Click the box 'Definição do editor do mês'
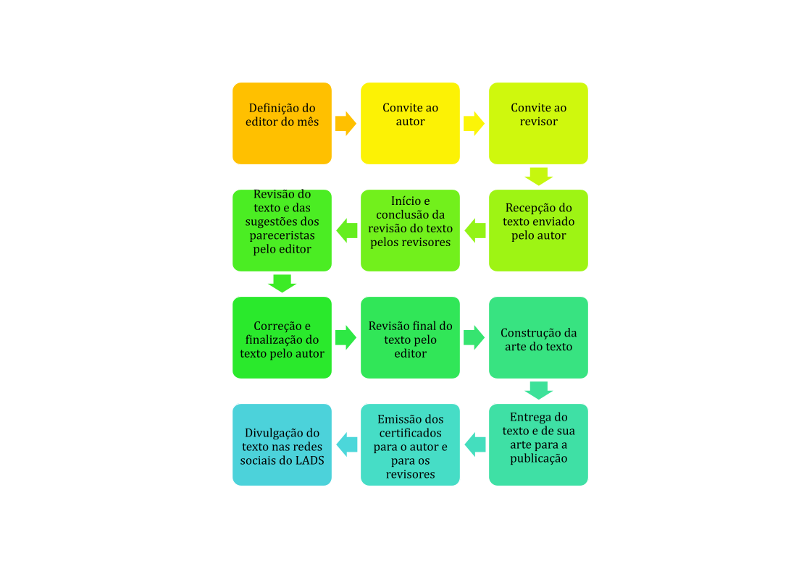point(282,123)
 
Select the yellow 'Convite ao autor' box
point(410,123)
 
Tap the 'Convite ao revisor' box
point(538,123)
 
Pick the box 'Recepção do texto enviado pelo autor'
point(538,230)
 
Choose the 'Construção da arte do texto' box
point(538,337)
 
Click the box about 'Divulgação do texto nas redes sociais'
point(282,444)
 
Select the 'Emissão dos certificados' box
point(410,444)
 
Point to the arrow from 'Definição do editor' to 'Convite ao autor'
point(346,123)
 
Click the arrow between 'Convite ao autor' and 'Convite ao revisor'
point(474,123)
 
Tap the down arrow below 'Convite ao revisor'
point(539,177)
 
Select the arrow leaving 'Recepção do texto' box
point(475,230)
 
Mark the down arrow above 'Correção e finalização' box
point(282,284)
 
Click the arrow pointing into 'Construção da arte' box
point(474,337)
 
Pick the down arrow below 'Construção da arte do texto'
point(539,391)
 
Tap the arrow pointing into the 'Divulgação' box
point(346,444)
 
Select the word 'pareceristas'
point(282,235)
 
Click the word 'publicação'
point(539,459)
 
